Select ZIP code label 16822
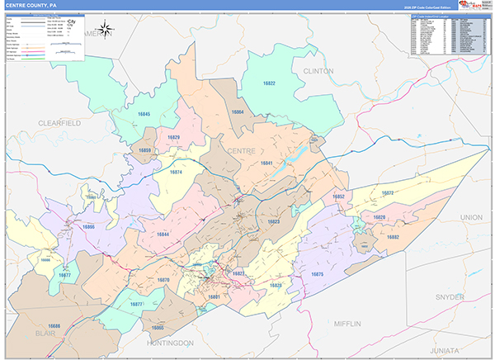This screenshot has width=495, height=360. [269, 84]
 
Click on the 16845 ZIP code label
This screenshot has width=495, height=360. [144, 113]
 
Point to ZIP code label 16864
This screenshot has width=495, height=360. [238, 111]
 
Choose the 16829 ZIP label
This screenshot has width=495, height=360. [173, 138]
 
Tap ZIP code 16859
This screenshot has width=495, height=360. [144, 151]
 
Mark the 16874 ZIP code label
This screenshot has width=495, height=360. [176, 173]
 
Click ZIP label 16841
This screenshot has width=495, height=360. [266, 163]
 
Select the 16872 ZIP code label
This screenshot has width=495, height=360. [388, 193]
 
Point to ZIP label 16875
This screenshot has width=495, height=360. [318, 273]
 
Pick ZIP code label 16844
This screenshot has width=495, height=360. [163, 234]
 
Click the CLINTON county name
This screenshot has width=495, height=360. [318, 71]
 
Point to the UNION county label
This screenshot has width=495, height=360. [471, 216]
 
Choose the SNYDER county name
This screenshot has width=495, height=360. [450, 296]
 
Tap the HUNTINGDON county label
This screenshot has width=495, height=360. [170, 342]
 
